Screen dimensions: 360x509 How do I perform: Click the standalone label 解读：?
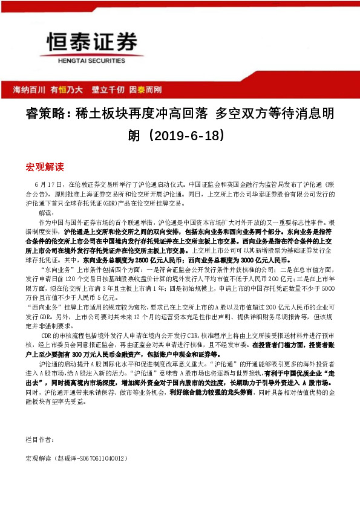click(x=47, y=213)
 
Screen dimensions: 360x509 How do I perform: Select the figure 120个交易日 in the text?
click(x=69, y=281)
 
